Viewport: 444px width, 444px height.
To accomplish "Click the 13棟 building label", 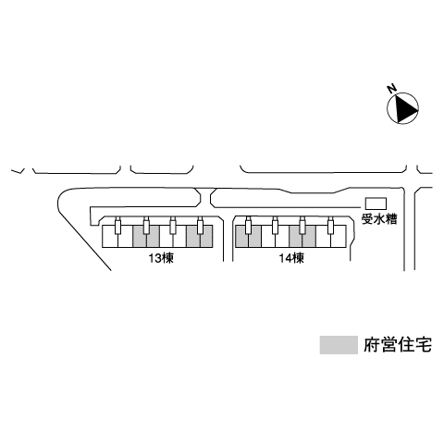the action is [161, 258].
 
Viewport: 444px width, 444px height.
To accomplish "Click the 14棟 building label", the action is [291, 258].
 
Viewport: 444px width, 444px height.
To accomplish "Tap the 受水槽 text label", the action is [379, 219].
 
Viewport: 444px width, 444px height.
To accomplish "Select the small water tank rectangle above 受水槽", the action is [376, 203].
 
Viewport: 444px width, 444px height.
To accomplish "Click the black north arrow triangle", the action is [406, 108].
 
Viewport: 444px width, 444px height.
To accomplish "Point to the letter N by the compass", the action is [392, 89].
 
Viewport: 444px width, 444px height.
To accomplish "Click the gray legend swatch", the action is [339, 345].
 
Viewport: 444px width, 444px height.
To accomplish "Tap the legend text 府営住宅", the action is [398, 345].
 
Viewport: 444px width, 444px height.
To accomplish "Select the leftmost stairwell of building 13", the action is [117, 225].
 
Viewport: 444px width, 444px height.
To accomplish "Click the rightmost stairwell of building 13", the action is [201, 225].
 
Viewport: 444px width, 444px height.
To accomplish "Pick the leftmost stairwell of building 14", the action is [248, 225].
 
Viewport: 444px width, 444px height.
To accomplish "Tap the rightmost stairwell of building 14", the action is [331, 225].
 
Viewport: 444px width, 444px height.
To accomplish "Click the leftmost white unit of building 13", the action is [110, 236].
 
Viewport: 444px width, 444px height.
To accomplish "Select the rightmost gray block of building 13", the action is [200, 236].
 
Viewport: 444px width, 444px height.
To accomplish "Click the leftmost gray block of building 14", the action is [248, 236].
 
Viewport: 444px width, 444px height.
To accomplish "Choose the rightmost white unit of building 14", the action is [339, 236].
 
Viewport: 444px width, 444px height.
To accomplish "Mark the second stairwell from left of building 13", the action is [146, 225].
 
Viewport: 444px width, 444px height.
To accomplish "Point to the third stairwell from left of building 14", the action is [302, 225].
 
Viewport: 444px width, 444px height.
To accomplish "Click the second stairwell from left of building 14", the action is [276, 225].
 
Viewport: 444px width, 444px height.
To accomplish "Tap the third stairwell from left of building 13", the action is [173, 225].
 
